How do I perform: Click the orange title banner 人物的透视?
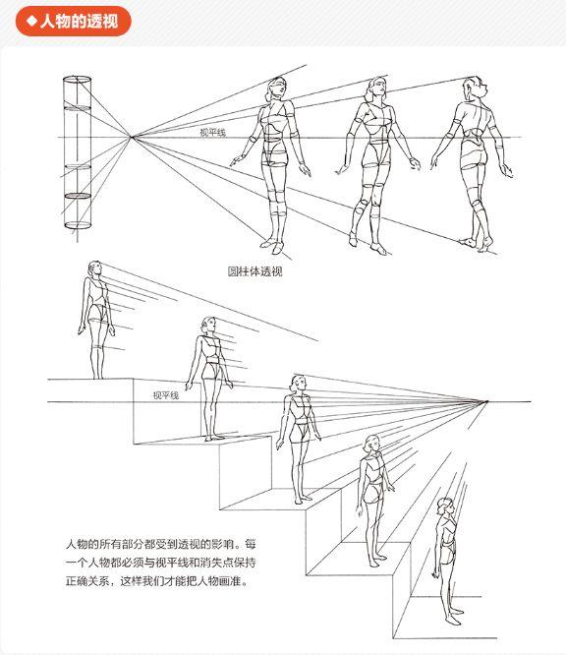click(x=74, y=21)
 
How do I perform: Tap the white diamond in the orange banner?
click(x=31, y=21)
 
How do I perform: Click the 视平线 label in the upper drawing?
click(x=212, y=133)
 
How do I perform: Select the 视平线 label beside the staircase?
click(x=166, y=395)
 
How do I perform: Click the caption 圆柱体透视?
click(x=255, y=271)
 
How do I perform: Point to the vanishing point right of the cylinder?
click(x=132, y=137)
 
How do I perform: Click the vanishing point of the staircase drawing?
click(x=486, y=402)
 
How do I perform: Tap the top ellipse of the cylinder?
click(x=78, y=79)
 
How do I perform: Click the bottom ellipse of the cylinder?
click(x=78, y=225)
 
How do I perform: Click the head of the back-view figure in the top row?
click(x=475, y=88)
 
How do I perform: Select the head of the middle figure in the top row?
click(x=377, y=89)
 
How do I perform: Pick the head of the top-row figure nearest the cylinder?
click(x=275, y=89)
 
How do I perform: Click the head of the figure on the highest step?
click(x=94, y=269)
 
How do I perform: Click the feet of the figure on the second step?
click(x=213, y=438)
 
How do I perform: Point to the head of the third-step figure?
click(x=299, y=384)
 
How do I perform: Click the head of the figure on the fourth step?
click(x=371, y=445)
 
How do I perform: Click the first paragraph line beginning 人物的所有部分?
click(x=161, y=544)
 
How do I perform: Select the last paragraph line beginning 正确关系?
click(x=156, y=581)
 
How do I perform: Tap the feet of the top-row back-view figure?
click(x=477, y=244)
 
